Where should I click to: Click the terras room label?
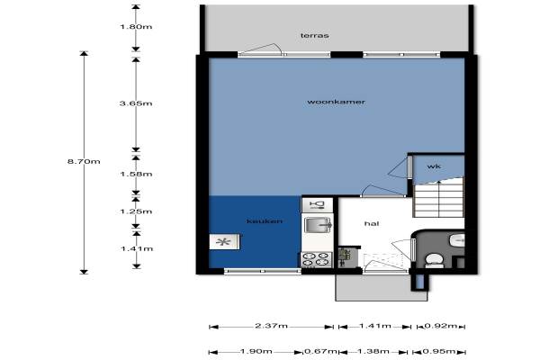314,35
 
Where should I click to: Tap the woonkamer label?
336,102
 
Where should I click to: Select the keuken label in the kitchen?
265,221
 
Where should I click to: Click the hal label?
372,223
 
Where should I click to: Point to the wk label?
434,166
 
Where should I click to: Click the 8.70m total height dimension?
84,162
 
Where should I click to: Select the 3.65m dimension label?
136,103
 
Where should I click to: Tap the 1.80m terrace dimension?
136,27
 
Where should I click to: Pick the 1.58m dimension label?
136,174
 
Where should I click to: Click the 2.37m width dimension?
272,326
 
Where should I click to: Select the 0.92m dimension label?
441,326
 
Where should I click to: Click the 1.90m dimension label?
256,352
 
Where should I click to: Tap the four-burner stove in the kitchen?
317,260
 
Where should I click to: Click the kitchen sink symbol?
318,225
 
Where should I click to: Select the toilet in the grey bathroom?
435,260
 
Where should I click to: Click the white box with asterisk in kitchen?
224,242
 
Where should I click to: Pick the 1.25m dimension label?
136,211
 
